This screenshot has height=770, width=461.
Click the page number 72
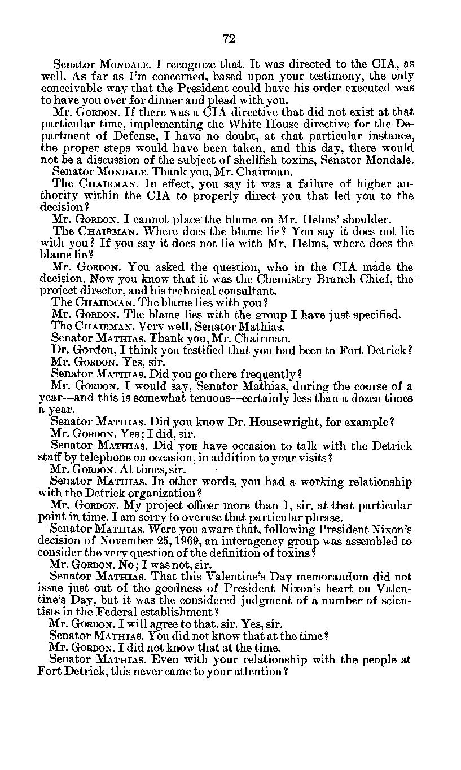229,38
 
